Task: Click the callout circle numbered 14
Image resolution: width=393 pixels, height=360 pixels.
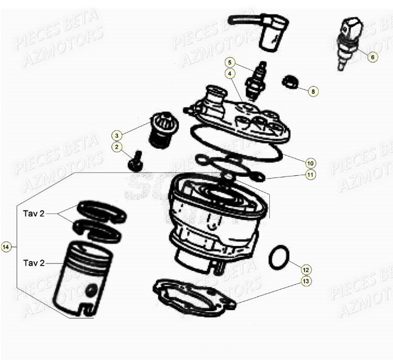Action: (x=6, y=247)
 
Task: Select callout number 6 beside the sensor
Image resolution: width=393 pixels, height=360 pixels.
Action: (x=372, y=57)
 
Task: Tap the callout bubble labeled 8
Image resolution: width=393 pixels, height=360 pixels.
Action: (x=313, y=90)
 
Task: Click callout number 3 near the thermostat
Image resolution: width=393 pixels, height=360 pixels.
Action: (x=117, y=135)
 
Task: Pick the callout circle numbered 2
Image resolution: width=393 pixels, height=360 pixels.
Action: (x=117, y=147)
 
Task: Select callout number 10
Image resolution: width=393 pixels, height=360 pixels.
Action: (x=310, y=163)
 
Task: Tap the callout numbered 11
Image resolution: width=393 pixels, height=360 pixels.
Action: (x=310, y=175)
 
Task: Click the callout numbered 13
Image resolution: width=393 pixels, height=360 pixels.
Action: (x=305, y=281)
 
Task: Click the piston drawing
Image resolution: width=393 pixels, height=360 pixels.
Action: (x=83, y=279)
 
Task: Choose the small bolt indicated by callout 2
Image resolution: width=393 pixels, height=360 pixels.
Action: (x=135, y=162)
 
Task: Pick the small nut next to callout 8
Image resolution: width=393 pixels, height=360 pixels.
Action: (x=290, y=83)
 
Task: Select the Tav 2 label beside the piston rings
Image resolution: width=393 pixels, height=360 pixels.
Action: (x=34, y=214)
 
